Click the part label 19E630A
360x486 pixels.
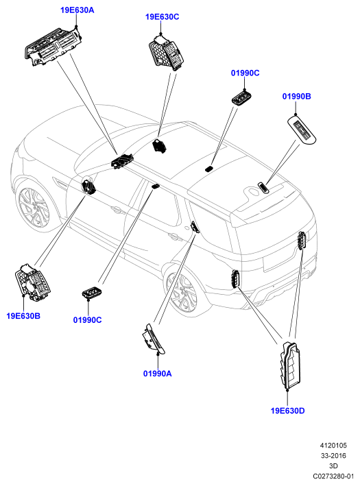[77, 10]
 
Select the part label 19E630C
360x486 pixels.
[162, 16]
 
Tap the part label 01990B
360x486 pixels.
[296, 97]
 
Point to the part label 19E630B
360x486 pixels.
[23, 316]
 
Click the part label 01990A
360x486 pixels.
[157, 374]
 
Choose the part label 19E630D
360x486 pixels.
[288, 411]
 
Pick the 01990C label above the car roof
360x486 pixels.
[245, 73]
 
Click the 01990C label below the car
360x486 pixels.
[88, 320]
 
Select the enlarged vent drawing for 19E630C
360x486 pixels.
[166, 53]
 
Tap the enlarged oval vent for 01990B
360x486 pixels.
[302, 130]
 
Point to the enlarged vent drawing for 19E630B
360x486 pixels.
[32, 282]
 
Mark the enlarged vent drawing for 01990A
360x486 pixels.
[154, 339]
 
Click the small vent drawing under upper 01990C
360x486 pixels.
[241, 98]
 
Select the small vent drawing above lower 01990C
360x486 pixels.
[92, 292]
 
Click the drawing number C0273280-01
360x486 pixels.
[333, 476]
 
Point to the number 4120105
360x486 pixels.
[333, 446]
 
